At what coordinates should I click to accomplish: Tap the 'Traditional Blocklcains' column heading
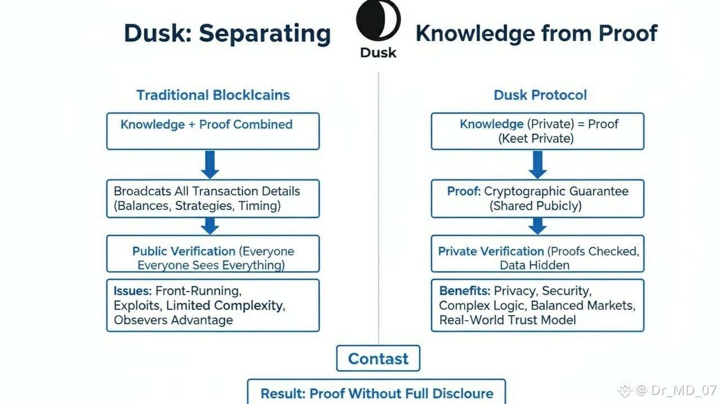coord(213,95)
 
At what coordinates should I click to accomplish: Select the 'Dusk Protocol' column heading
coord(540,95)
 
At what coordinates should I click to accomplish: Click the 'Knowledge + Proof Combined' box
coord(213,131)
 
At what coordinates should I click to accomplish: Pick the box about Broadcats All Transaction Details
coord(213,198)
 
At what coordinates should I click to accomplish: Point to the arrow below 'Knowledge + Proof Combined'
coord(210,164)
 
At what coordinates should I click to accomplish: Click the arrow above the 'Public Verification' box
coord(210,226)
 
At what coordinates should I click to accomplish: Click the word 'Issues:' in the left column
coord(132,291)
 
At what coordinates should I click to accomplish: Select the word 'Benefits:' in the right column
coord(465,291)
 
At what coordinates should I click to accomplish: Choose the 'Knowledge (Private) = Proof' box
coord(537,131)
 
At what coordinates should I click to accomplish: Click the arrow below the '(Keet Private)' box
coord(537,164)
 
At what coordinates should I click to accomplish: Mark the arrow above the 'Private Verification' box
coord(537,226)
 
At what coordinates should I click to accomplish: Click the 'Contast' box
coord(378,358)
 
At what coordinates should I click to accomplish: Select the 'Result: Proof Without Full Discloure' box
coord(376,393)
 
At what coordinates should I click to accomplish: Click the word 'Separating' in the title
coord(265,33)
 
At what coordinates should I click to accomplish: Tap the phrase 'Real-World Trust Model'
coord(508,320)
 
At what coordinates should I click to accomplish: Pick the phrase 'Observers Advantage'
coord(173,320)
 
